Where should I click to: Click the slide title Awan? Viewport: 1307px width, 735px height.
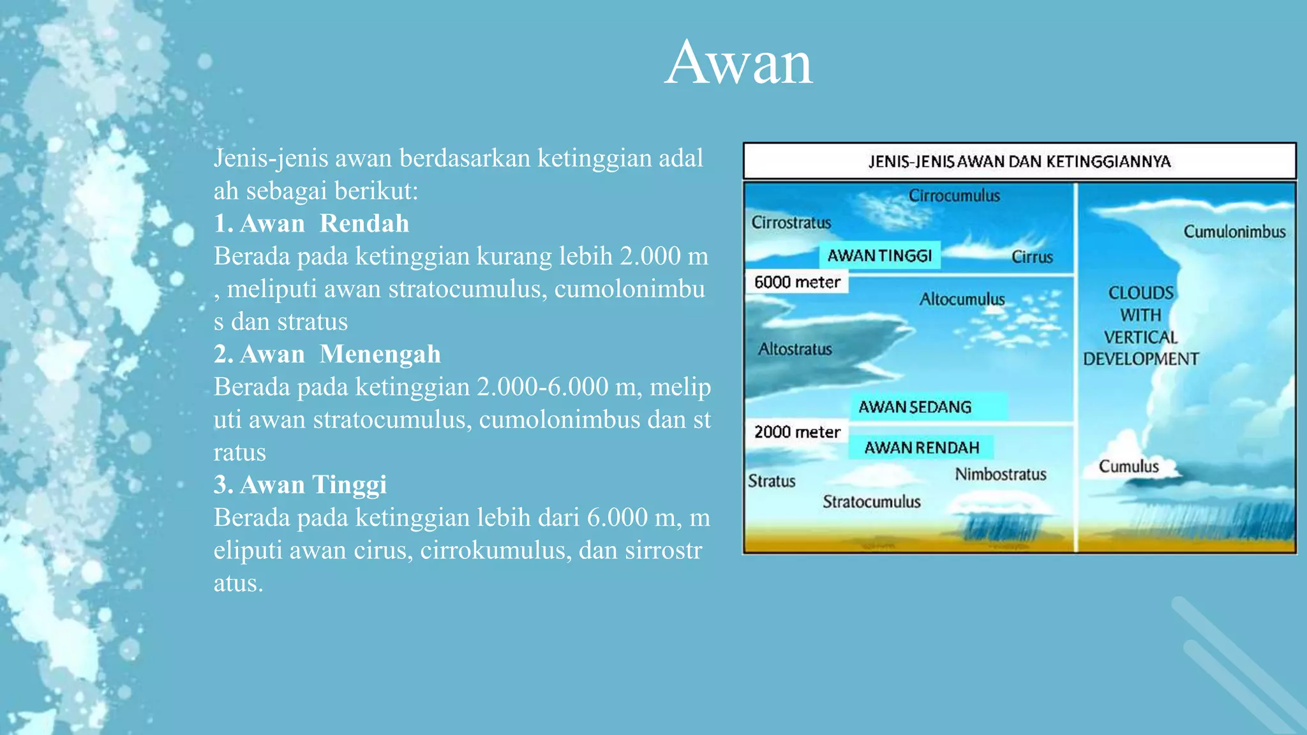pyautogui.click(x=738, y=63)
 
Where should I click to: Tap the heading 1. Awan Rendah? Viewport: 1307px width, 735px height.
pyautogui.click(x=311, y=223)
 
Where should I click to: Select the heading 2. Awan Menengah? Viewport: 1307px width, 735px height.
pyautogui.click(x=327, y=354)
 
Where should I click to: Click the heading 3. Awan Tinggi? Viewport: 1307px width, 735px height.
pyautogui.click(x=300, y=485)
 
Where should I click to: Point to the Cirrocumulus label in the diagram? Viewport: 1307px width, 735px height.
pyautogui.click(x=954, y=196)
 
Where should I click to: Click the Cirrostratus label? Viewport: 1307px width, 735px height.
pyautogui.click(x=791, y=223)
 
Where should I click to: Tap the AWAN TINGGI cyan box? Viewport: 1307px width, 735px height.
pyautogui.click(x=879, y=256)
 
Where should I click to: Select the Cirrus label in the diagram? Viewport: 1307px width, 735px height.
pyautogui.click(x=1032, y=257)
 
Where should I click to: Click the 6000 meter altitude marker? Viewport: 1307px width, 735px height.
pyautogui.click(x=797, y=282)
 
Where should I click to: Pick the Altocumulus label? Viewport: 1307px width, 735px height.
pyautogui.click(x=962, y=299)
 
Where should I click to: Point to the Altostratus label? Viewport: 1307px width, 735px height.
pyautogui.click(x=795, y=349)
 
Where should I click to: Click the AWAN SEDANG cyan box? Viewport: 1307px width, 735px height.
pyautogui.click(x=928, y=407)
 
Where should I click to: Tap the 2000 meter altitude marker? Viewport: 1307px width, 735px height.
pyautogui.click(x=797, y=432)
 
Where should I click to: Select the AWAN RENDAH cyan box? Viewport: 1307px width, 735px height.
pyautogui.click(x=922, y=447)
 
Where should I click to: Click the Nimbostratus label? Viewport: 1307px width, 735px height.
pyautogui.click(x=1000, y=474)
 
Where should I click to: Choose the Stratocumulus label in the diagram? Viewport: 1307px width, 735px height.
pyautogui.click(x=871, y=502)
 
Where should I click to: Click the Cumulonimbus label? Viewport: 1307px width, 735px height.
pyautogui.click(x=1234, y=232)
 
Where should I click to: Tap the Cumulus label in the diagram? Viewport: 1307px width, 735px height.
pyautogui.click(x=1128, y=466)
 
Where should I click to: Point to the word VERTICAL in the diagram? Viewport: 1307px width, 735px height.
pyautogui.click(x=1140, y=337)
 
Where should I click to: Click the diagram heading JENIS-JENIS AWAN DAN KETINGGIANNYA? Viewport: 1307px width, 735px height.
pyautogui.click(x=1019, y=161)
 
